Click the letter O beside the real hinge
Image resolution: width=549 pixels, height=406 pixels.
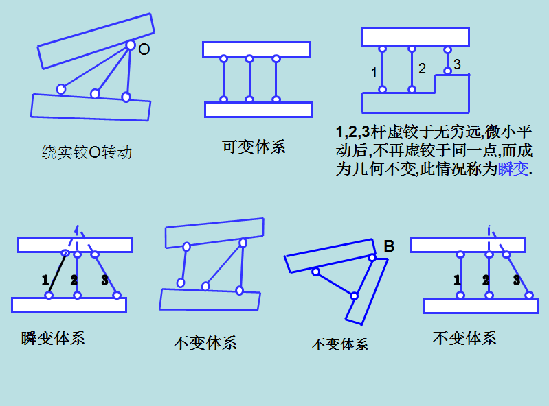[x=144, y=49]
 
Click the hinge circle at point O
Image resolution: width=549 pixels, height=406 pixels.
[x=130, y=45]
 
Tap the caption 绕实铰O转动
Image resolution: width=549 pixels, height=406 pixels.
[x=87, y=152]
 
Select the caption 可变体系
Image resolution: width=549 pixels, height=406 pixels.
[x=254, y=147]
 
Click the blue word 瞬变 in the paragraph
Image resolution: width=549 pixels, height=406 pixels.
[x=514, y=169]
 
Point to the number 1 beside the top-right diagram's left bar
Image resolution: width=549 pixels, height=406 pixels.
[x=374, y=72]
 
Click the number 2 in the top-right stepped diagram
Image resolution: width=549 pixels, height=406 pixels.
[x=422, y=69]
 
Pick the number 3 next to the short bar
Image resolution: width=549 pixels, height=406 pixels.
[x=458, y=64]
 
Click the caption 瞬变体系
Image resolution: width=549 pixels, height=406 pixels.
[x=53, y=337]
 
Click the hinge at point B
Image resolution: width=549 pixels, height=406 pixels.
[x=372, y=258]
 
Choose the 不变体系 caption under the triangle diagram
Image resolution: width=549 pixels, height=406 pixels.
[x=339, y=344]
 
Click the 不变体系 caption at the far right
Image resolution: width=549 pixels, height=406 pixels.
[x=464, y=337]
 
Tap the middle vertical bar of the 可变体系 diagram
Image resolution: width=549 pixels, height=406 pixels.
[x=249, y=80]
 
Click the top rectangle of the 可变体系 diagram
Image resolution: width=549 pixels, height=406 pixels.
[x=256, y=49]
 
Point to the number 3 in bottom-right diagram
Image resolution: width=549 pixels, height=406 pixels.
[x=516, y=280]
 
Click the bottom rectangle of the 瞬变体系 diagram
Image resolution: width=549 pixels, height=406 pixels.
[x=69, y=305]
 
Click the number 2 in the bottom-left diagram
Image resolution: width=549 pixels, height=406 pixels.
[x=74, y=280]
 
